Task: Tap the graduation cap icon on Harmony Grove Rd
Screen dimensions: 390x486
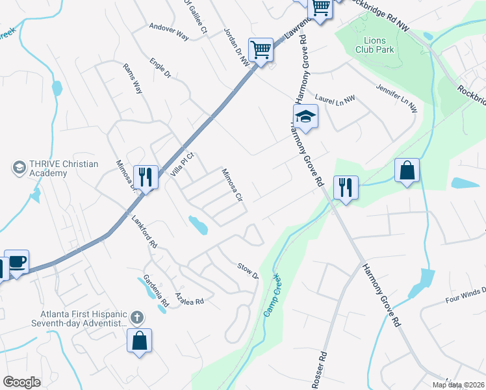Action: point(304,117)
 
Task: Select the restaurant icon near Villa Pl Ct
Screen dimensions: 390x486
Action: point(146,177)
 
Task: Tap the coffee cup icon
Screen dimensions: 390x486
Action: point(17,263)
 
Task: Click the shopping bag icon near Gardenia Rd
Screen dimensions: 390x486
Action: point(139,340)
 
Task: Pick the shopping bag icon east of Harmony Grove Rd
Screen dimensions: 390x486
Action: point(407,171)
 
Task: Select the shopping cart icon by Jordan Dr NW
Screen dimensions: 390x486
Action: point(261,49)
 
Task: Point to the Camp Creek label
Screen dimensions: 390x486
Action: point(272,296)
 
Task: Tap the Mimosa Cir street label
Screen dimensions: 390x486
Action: point(231,185)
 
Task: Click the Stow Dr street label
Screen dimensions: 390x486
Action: point(248,270)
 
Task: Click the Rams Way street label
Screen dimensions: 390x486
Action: point(133,78)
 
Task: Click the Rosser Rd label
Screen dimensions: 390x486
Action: point(319,371)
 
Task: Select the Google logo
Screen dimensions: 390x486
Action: point(22,382)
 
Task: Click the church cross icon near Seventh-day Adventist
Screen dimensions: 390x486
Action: point(136,318)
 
